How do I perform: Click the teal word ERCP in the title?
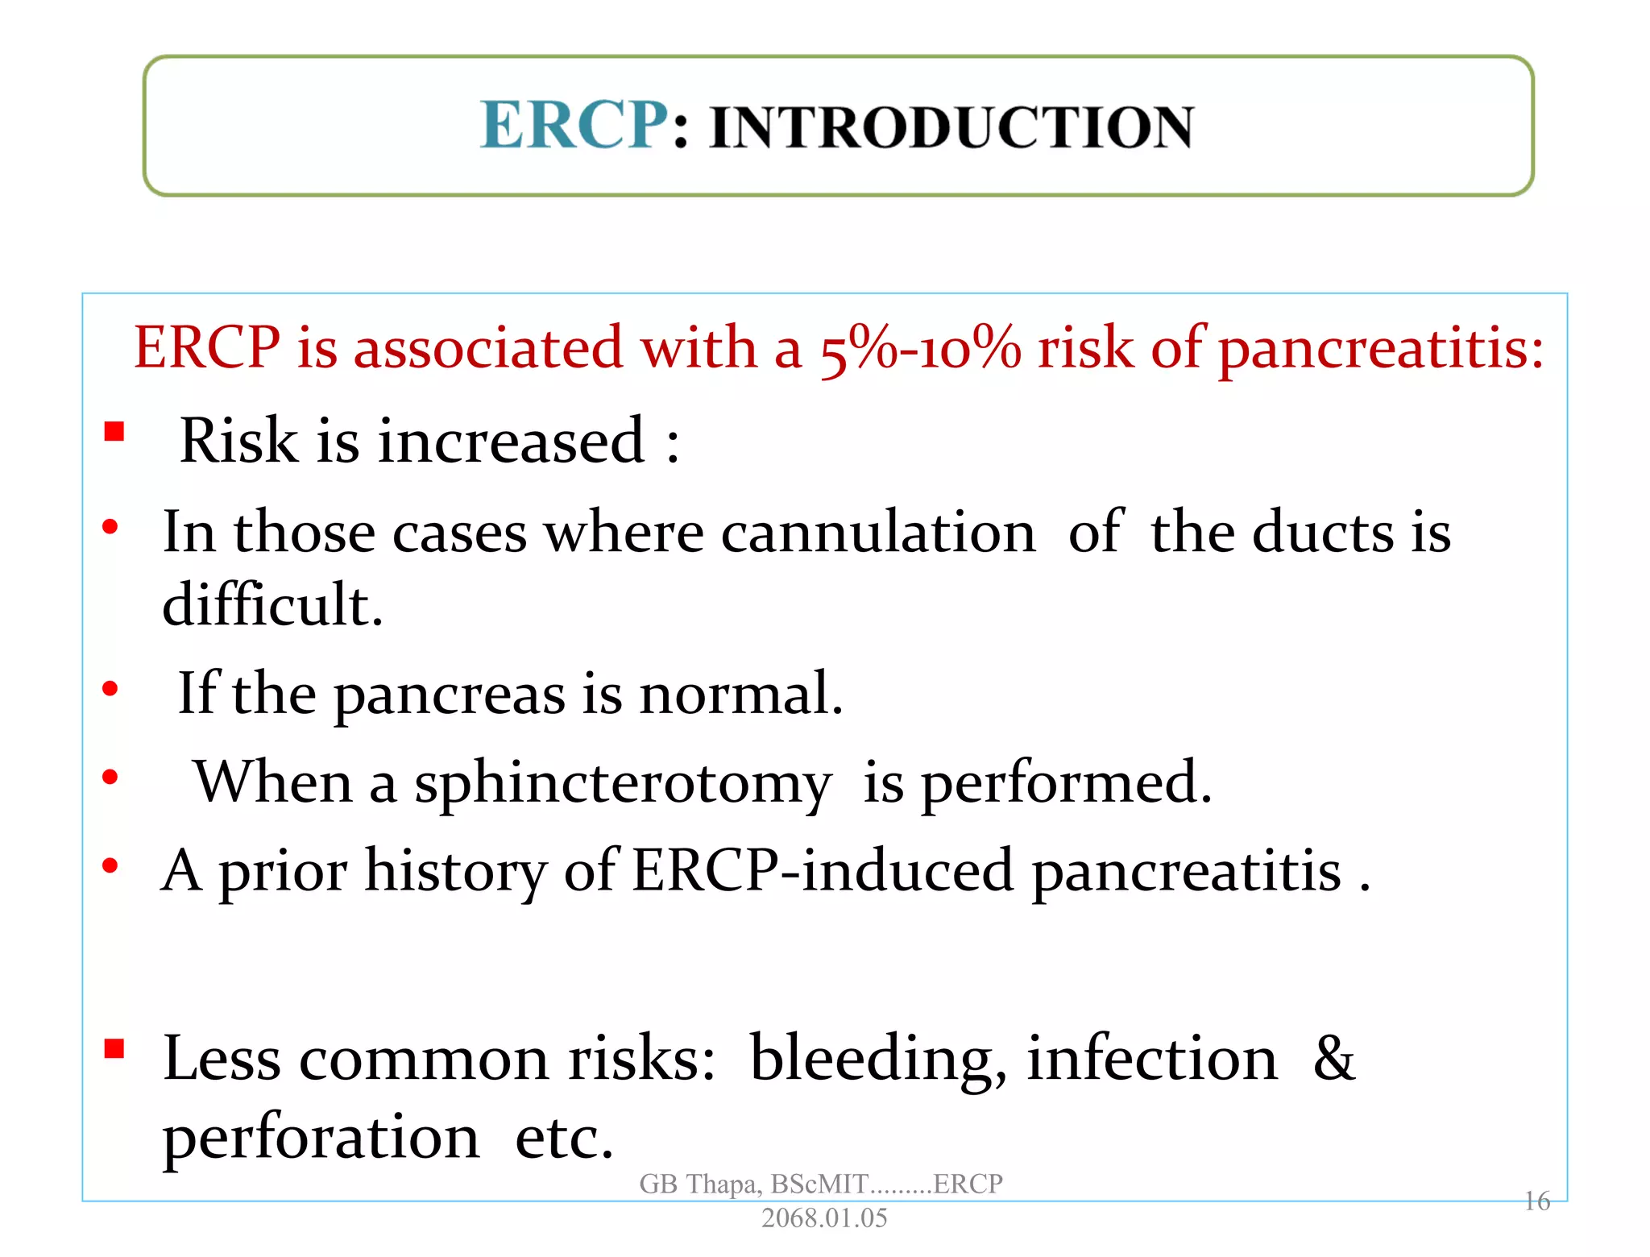(574, 126)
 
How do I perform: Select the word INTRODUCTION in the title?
(951, 128)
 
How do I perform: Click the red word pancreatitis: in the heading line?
(1380, 350)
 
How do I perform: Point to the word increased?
(511, 441)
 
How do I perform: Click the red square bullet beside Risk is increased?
(114, 432)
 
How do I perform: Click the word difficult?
(272, 604)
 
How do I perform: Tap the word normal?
(740, 693)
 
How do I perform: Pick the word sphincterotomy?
(622, 783)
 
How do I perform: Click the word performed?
(1065, 783)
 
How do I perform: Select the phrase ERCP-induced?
(822, 871)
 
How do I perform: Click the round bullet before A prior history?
(110, 866)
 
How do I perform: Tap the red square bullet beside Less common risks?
(114, 1048)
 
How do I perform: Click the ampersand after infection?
(1333, 1057)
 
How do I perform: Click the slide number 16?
(1536, 1201)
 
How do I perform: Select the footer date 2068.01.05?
(823, 1218)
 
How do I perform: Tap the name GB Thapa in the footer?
(699, 1184)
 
